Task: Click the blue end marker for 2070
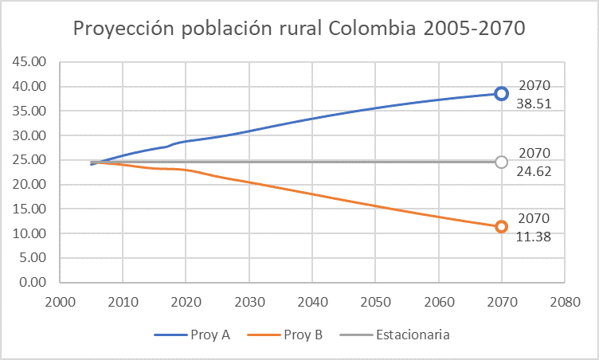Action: pos(501,94)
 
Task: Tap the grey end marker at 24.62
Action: pos(501,162)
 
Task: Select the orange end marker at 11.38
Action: pos(501,227)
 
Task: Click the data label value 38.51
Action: pos(534,104)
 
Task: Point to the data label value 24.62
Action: pos(534,170)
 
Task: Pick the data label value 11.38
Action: pos(534,237)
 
